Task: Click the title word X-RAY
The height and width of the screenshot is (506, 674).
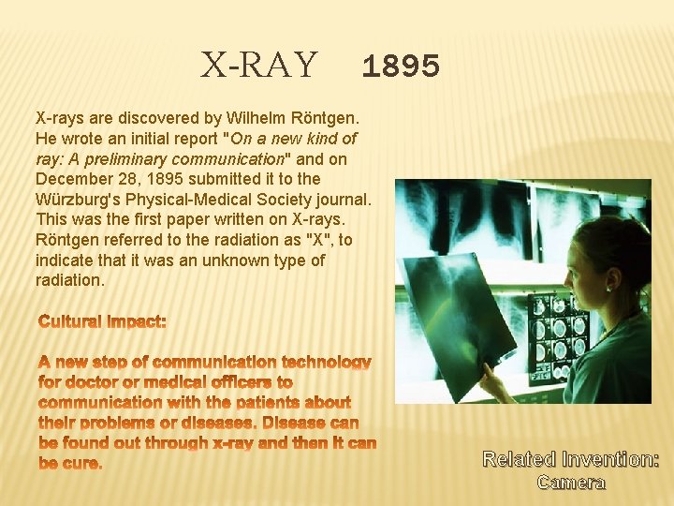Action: click(259, 66)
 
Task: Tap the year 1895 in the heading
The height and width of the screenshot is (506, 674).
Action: click(400, 67)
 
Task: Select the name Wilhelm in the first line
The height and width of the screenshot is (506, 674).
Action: click(252, 119)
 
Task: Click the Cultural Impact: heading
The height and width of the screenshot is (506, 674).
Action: click(102, 321)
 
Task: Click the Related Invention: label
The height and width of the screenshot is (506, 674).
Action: click(570, 459)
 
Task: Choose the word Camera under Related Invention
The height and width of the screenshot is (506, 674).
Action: click(571, 483)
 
